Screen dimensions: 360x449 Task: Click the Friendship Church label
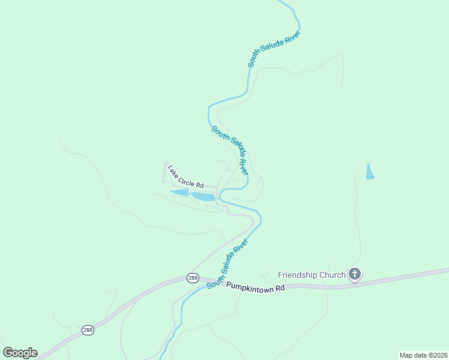pyautogui.click(x=312, y=275)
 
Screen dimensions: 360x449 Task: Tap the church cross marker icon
pyautogui.click(x=355, y=275)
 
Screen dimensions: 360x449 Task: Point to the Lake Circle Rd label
pyautogui.click(x=186, y=176)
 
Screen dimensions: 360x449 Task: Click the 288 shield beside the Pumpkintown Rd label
pyautogui.click(x=193, y=278)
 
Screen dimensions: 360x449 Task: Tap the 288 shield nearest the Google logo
pyautogui.click(x=88, y=330)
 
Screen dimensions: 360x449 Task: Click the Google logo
pyautogui.click(x=20, y=353)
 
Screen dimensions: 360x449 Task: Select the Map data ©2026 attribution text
pyautogui.click(x=423, y=355)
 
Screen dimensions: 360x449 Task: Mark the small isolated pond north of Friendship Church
pyautogui.click(x=370, y=172)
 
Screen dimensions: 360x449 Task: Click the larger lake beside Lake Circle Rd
pyautogui.click(x=203, y=197)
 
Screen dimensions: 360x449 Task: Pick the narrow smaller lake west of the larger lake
pyautogui.click(x=179, y=193)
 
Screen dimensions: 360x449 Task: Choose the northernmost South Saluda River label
pyautogui.click(x=273, y=49)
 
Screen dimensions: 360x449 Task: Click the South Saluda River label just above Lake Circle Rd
pyautogui.click(x=229, y=149)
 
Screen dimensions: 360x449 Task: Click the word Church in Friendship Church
pyautogui.click(x=332, y=275)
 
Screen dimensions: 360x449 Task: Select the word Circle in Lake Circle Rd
pyautogui.click(x=188, y=178)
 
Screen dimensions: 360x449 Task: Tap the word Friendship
pyautogui.click(x=297, y=275)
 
